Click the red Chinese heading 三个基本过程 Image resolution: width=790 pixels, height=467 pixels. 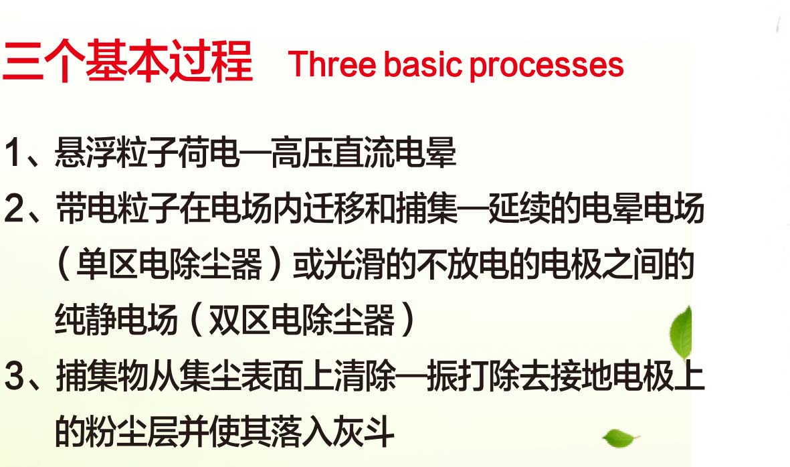tap(128, 62)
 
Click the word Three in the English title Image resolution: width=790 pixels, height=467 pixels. tap(332, 65)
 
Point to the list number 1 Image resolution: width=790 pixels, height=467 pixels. tap(13, 152)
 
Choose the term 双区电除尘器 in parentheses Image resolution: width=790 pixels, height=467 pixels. tap(302, 320)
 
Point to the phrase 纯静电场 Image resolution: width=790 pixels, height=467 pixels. tap(116, 320)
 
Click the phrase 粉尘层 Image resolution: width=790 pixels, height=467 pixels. tap(132, 432)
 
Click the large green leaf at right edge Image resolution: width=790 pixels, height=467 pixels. tap(681, 333)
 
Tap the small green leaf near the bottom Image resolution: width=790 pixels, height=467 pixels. tap(620, 438)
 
